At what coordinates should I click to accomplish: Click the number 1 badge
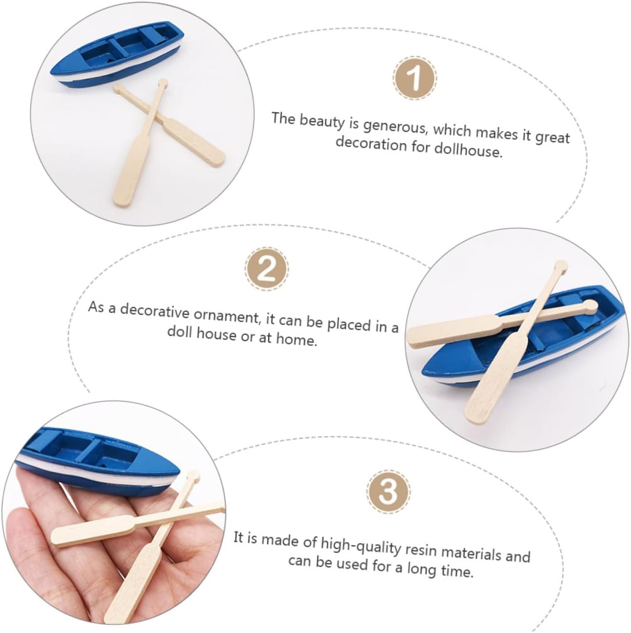(415, 77)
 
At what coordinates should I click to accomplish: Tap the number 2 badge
(267, 269)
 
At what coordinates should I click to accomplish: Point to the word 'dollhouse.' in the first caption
(469, 150)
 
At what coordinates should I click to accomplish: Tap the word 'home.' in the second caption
(297, 340)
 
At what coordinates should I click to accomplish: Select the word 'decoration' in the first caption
(371, 144)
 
